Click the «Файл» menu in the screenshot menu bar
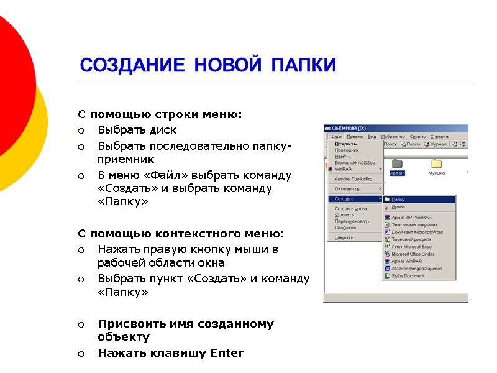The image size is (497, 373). click(x=336, y=136)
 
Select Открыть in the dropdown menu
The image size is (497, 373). click(x=345, y=144)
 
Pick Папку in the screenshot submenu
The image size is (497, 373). click(x=398, y=199)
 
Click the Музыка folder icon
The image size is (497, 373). click(x=436, y=163)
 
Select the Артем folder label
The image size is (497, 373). click(x=397, y=173)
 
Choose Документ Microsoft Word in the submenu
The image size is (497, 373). click(x=417, y=232)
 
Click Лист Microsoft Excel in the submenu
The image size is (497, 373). click(x=412, y=246)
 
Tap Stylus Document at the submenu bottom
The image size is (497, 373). click(x=408, y=275)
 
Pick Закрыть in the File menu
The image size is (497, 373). click(x=344, y=237)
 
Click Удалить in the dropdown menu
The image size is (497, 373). click(x=344, y=215)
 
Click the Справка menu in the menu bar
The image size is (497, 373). click(x=439, y=136)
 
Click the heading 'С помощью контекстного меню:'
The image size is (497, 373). click(x=180, y=234)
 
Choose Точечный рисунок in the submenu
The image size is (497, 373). click(x=411, y=239)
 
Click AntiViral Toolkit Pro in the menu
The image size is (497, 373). click(x=353, y=179)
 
